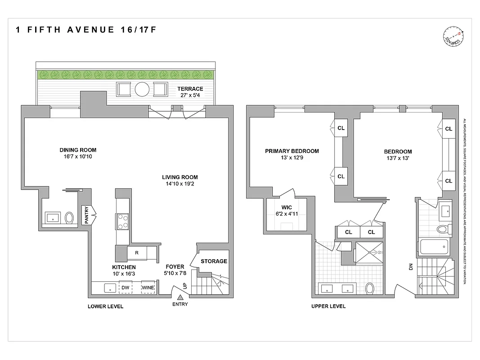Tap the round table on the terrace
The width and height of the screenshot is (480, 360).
pos(142,89)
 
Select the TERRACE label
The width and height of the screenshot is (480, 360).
pos(189,89)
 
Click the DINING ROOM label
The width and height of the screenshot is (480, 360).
pos(78,150)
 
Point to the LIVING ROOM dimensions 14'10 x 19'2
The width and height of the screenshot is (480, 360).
pos(180,184)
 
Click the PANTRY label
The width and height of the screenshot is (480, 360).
pos(86,215)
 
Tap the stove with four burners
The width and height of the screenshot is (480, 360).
pos(123,220)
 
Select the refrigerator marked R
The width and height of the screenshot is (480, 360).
pos(136,253)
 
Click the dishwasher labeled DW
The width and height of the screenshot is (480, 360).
pos(125,288)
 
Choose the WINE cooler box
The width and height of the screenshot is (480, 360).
pos(148,288)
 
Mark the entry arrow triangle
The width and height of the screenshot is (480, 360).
pos(180,297)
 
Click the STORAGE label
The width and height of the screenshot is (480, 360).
pos(214,261)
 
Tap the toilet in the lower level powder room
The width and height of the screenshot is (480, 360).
pos(69,218)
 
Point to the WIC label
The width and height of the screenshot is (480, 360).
pos(287,208)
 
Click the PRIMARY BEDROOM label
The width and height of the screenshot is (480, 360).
pos(292,151)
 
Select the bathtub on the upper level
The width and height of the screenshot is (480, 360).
pos(434,247)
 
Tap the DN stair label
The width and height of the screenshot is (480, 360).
pos(410,267)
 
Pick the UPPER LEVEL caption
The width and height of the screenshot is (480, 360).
pos(328,306)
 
